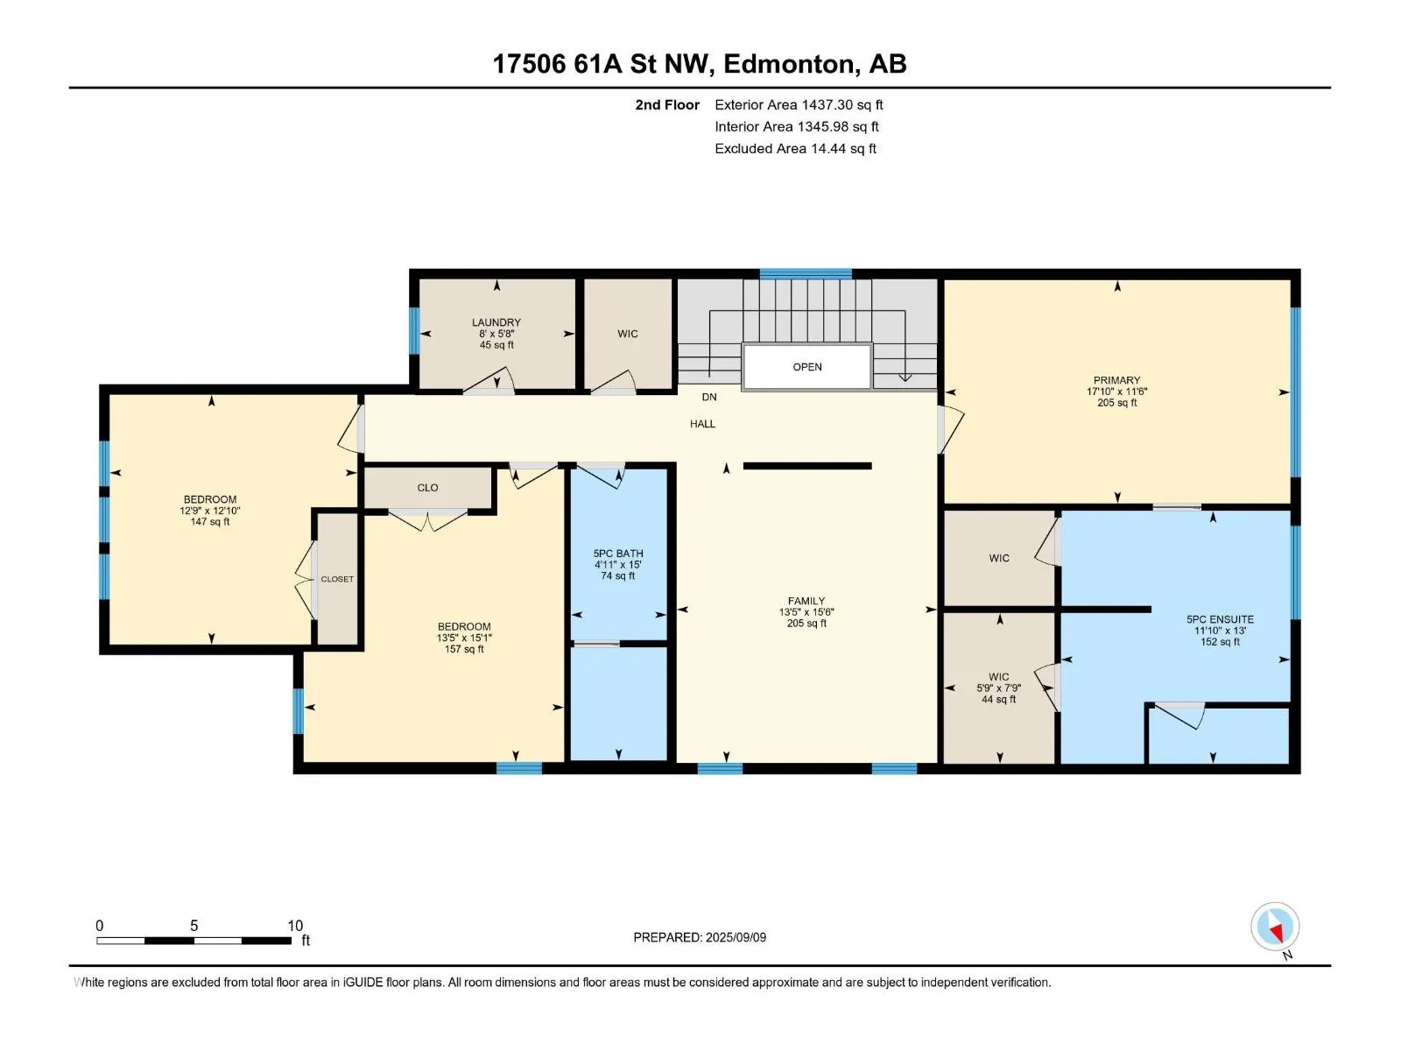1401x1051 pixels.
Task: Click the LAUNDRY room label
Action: coord(496,322)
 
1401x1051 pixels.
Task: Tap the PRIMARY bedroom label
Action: coord(1116,380)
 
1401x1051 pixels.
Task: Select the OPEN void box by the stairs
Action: coord(806,366)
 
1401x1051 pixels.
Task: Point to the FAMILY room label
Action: coord(806,601)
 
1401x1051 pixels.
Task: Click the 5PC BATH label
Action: coord(618,554)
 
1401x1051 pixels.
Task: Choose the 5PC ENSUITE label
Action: coord(1220,619)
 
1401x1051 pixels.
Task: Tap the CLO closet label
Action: coord(427,488)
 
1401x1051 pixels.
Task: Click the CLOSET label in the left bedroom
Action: coord(337,579)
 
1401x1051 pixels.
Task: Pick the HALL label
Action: coord(702,424)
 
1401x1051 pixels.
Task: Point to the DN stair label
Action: coord(709,397)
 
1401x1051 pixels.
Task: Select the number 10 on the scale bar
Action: coord(295,925)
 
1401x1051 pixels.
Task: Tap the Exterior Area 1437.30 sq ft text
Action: coord(799,104)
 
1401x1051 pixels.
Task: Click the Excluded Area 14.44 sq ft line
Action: coord(795,149)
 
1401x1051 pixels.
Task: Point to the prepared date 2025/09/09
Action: coord(736,937)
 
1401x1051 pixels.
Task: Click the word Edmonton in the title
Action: coord(789,64)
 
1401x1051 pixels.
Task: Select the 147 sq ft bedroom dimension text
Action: coord(210,521)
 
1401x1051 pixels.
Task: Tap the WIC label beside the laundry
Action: coord(628,334)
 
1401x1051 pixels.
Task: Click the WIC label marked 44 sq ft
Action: coord(999,676)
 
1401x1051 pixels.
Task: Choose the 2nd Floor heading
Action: coord(667,104)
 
